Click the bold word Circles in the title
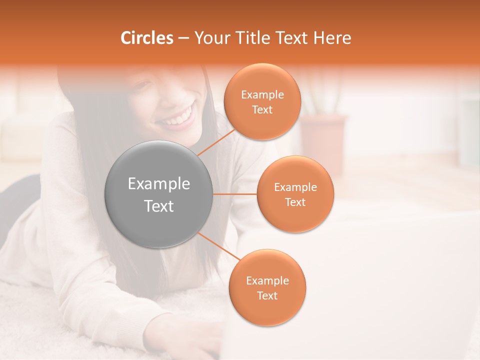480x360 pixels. [x=147, y=38]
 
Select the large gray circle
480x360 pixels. [x=159, y=194]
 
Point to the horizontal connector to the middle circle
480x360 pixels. [x=235, y=194]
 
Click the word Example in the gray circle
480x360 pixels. [x=159, y=184]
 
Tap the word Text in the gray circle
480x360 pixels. [x=159, y=206]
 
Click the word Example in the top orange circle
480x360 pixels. [x=262, y=95]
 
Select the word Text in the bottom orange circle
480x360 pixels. [x=267, y=295]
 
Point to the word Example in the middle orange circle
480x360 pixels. [x=295, y=187]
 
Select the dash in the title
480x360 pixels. [x=183, y=38]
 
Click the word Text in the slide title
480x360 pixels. [x=290, y=38]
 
